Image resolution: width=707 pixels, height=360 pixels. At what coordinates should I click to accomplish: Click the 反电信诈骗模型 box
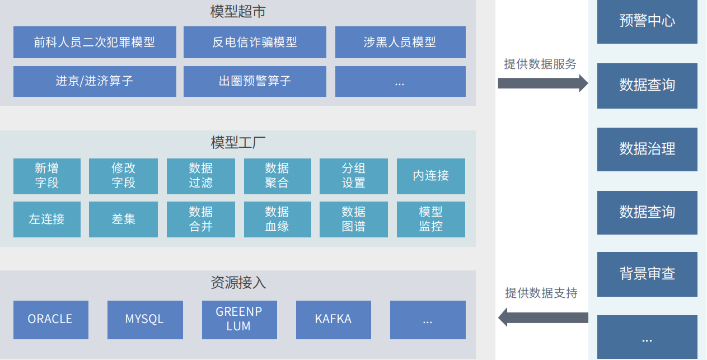click(x=255, y=42)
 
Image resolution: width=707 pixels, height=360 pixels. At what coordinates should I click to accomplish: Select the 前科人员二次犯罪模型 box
click(x=95, y=42)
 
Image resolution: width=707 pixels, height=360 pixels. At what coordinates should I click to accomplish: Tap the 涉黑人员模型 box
click(x=400, y=42)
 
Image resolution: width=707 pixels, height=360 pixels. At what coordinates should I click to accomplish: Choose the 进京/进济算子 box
click(x=95, y=81)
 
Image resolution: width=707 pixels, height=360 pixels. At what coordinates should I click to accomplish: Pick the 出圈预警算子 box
click(x=255, y=81)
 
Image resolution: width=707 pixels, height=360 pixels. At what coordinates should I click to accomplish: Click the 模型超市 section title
click(x=237, y=11)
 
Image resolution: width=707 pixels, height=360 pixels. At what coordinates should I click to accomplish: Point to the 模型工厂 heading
click(x=237, y=143)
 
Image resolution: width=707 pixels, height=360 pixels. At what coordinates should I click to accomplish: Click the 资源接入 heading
click(x=237, y=283)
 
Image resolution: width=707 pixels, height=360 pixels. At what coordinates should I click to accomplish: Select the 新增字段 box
click(x=47, y=176)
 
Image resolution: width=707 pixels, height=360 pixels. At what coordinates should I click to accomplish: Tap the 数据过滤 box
click(x=201, y=176)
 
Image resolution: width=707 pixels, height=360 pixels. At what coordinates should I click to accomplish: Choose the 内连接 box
click(x=430, y=176)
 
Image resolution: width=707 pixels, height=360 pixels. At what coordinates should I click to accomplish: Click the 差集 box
click(x=123, y=219)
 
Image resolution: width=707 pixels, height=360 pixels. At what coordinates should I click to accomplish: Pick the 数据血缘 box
click(x=277, y=219)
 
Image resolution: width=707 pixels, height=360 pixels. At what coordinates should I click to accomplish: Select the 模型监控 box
click(x=430, y=219)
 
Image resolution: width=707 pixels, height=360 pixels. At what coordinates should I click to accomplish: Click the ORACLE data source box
click(x=50, y=320)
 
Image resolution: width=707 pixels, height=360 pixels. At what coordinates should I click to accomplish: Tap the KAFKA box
click(x=333, y=320)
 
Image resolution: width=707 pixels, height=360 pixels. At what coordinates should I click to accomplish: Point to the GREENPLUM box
click(x=239, y=320)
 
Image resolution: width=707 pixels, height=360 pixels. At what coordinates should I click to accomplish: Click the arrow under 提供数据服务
click(x=542, y=83)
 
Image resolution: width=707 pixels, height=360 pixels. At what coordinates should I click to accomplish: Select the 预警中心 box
click(x=647, y=21)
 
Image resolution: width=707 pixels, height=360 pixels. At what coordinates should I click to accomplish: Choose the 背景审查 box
click(x=647, y=274)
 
